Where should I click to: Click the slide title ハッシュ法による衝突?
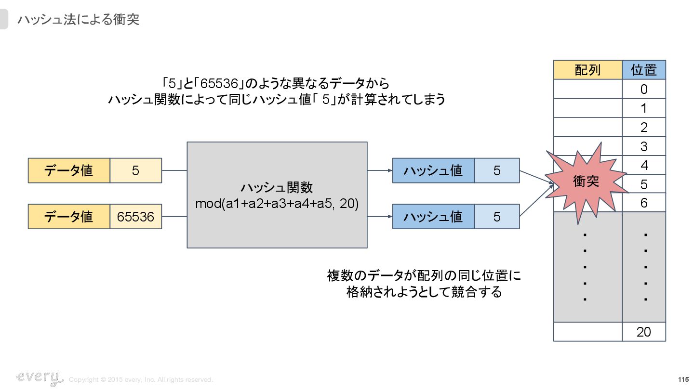pos(78,20)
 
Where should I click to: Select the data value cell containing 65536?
pos(136,217)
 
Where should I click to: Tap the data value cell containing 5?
pos(136,170)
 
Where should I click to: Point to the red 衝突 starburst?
pos(586,182)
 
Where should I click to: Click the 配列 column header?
pos(587,70)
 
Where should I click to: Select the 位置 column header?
pos(644,70)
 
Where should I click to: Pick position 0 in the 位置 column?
pos(644,89)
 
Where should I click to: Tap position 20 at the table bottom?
pos(644,332)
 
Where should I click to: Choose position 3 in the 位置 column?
pos(644,146)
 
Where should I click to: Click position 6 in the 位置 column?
pos(644,203)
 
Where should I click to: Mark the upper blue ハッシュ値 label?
pos(433,170)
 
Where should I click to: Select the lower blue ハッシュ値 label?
pos(433,217)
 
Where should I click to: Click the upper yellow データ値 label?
pos(69,170)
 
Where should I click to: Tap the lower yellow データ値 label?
pos(69,217)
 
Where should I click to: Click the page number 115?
pos(683,379)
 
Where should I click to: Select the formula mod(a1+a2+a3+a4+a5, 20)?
pos(277,204)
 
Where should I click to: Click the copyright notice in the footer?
pos(141,380)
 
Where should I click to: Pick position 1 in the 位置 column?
pos(644,108)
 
